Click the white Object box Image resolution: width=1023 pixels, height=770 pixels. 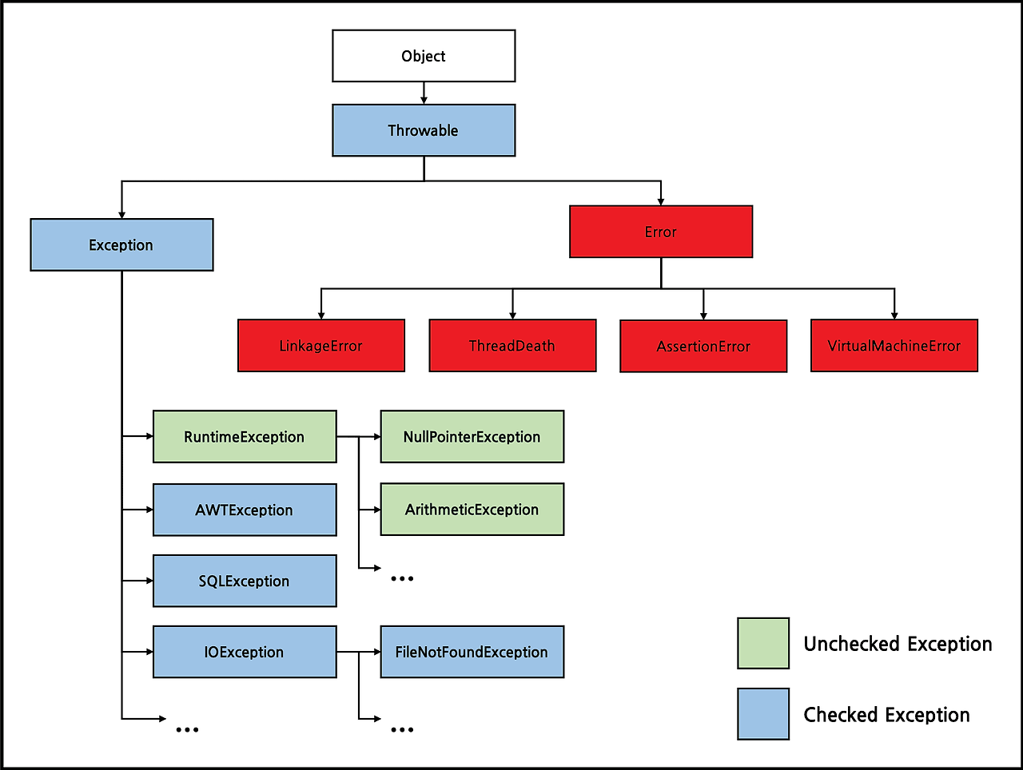pos(424,56)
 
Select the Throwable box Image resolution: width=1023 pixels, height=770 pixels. pos(424,130)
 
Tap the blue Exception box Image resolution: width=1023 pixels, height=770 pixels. pos(121,245)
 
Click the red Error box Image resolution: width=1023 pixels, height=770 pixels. pos(661,232)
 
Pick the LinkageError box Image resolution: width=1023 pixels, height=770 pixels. pos(321,346)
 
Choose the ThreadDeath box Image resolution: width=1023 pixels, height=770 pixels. pos(512,346)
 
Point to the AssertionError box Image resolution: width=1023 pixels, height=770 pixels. pos(703,347)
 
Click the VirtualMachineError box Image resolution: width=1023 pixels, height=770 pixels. pos(894,346)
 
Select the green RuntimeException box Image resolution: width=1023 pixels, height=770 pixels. pos(245,437)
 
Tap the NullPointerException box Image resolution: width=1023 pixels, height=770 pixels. pos(472,437)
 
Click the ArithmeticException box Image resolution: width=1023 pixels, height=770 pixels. pos(472,510)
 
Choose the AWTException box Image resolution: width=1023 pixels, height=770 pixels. pos(245,510)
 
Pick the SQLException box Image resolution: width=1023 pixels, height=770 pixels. pos(245,581)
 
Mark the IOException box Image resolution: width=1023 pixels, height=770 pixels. pos(245,653)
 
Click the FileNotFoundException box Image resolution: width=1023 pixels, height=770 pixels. pos(472,653)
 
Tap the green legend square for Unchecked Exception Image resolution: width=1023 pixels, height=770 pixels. pos(763,643)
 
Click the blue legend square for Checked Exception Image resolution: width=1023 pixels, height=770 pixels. pos(763,714)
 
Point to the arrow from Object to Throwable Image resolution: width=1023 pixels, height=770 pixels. pos(424,93)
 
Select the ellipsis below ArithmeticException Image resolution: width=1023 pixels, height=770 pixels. pos(402,578)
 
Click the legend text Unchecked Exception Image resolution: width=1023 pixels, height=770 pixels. pos(898,644)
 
